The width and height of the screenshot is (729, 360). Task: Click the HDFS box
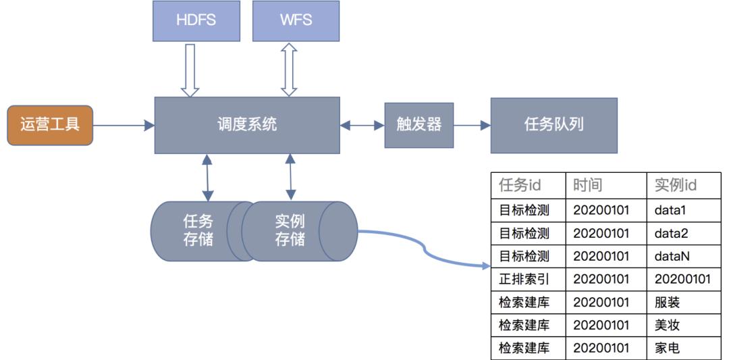[x=196, y=20]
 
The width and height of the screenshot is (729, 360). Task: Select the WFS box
[x=296, y=20]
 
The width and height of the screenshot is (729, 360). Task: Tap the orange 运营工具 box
[x=50, y=125]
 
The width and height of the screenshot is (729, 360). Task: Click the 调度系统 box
[x=247, y=125]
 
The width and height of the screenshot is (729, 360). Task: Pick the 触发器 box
[x=418, y=125]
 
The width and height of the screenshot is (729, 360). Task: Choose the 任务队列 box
[x=553, y=125]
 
